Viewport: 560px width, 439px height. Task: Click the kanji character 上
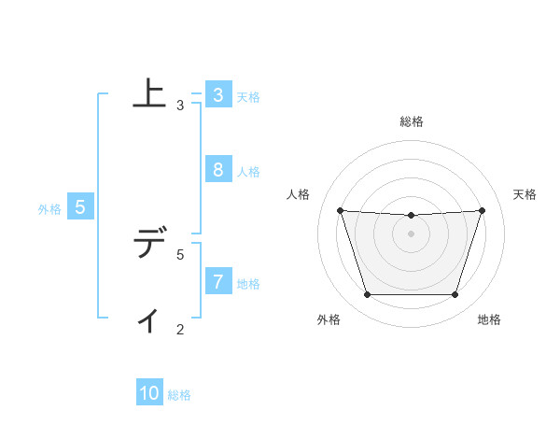coord(149,94)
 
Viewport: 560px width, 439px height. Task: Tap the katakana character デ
coord(149,244)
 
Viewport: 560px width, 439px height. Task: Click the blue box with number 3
coord(217,95)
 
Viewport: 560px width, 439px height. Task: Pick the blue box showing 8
coord(217,170)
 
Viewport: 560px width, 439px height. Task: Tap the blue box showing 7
coord(217,282)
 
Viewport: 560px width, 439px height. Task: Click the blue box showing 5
coord(79,207)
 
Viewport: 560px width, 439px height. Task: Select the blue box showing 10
coord(149,394)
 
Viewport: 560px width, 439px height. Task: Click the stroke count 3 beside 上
coord(180,106)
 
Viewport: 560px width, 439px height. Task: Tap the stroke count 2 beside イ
coord(180,329)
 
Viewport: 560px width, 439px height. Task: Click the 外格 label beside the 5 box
coord(49,209)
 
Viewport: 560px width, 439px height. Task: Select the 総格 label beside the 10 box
coord(179,395)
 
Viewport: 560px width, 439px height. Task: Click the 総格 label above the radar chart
coord(412,121)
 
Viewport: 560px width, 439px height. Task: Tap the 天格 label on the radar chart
coord(525,194)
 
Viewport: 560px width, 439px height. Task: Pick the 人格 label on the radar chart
coord(299,194)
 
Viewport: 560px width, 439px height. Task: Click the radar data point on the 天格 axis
coord(482,210)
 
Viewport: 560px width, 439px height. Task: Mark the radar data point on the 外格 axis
coord(367,295)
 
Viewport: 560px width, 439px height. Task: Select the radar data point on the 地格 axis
coord(455,295)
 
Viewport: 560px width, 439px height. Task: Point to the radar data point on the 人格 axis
coord(340,210)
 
